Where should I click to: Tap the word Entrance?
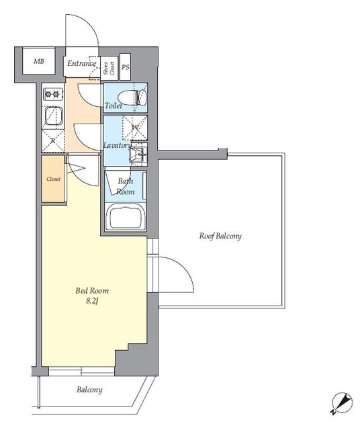pos(82,64)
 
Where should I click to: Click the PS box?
pos(125,67)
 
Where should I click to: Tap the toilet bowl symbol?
pos(138,98)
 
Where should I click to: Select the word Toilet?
pos(114,106)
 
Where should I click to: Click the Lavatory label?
pos(116,145)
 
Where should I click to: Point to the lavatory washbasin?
pos(138,154)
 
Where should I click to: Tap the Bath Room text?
pos(126,186)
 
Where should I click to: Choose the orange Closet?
pos(54,179)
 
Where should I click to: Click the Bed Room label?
pos(90,292)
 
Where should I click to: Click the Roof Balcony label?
pos(220,236)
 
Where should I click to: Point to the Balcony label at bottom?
pos(89,390)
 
